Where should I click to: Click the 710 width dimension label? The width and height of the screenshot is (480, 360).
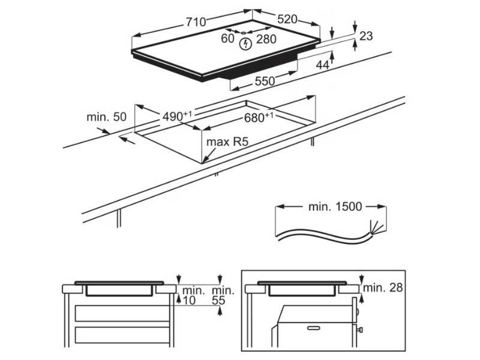click(x=196, y=22)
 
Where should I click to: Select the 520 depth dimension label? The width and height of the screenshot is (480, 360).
click(x=287, y=19)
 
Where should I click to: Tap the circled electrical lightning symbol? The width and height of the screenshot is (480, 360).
click(x=245, y=44)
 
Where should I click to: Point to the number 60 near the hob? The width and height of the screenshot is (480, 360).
click(x=227, y=38)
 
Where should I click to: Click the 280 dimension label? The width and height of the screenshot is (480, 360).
click(x=266, y=39)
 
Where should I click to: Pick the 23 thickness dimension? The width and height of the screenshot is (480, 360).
click(x=366, y=36)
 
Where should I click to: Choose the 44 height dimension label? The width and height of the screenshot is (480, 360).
click(x=322, y=65)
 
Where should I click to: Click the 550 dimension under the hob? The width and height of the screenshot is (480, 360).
click(x=265, y=81)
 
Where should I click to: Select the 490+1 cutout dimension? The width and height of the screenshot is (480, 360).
click(x=177, y=116)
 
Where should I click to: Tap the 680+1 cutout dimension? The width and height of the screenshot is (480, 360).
click(x=259, y=117)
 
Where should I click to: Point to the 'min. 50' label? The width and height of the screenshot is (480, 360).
click(x=106, y=117)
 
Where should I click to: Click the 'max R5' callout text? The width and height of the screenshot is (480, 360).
click(x=227, y=142)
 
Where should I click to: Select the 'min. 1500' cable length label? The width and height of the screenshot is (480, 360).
click(x=335, y=206)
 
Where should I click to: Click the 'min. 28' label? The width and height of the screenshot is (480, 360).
click(x=383, y=287)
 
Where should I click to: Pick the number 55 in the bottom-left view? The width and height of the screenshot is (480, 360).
click(x=218, y=301)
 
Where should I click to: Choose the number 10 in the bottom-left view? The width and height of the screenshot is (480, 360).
click(x=189, y=301)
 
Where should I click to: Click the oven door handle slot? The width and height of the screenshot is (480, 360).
click(x=313, y=328)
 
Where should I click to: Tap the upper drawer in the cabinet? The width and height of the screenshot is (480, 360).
click(x=122, y=313)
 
